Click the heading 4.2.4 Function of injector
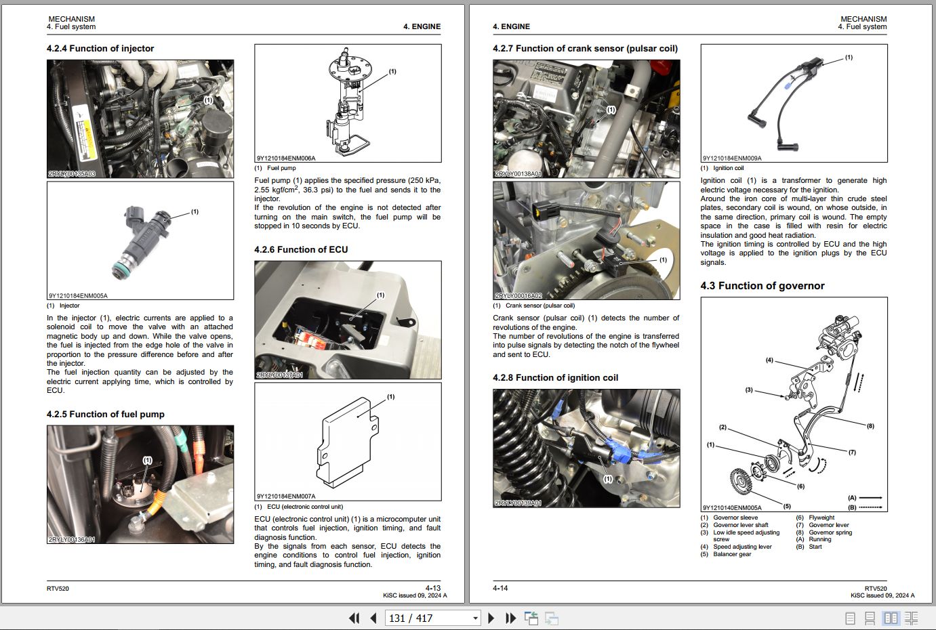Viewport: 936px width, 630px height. click(100, 49)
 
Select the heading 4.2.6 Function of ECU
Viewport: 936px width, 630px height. click(301, 250)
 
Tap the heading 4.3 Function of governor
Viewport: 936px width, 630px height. click(762, 286)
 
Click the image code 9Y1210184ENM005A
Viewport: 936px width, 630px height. click(78, 296)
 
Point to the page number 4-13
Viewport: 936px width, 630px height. click(432, 588)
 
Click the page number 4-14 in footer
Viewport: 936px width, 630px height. click(500, 588)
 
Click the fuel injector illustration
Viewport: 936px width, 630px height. click(146, 240)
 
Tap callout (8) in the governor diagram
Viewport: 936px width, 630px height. click(870, 426)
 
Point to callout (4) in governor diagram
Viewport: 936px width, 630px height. click(769, 360)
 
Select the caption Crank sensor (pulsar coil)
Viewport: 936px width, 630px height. click(540, 306)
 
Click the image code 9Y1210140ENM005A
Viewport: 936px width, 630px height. click(732, 507)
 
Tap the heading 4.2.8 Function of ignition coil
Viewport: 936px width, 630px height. click(555, 378)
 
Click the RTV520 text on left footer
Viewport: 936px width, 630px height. click(58, 588)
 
